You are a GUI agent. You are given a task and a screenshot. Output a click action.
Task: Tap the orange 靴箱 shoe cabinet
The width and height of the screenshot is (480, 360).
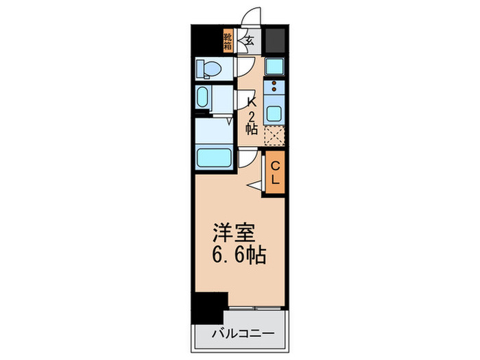point(228,41)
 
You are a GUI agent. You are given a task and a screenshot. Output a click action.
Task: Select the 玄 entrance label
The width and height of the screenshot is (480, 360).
point(250,40)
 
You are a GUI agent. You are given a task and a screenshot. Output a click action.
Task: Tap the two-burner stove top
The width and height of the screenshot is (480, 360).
point(274,88)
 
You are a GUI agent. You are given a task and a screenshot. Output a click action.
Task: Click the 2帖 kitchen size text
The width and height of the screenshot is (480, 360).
point(252,121)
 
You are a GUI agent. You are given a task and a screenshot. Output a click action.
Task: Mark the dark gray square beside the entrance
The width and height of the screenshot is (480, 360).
point(276,40)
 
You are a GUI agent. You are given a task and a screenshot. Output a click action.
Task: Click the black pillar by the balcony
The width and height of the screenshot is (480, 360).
point(208,308)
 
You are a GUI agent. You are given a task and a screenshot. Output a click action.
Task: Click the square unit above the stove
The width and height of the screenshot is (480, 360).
point(274,67)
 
